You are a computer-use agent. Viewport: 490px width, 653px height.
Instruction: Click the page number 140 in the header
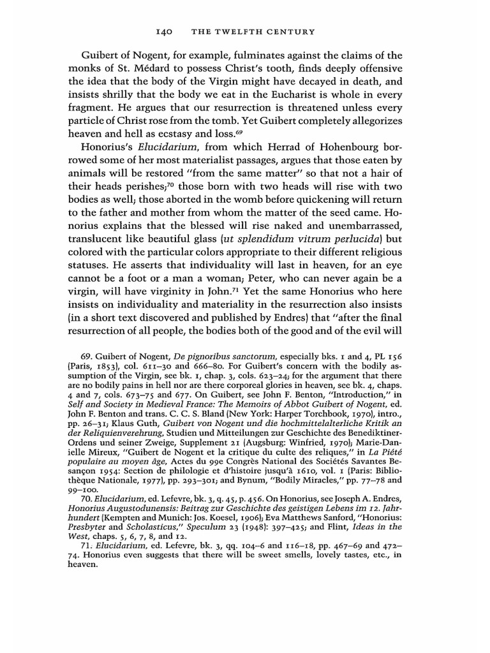(x=165, y=31)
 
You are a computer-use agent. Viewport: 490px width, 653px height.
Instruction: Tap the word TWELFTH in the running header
(x=239, y=31)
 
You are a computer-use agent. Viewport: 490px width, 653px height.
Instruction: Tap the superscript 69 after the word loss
(x=239, y=131)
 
